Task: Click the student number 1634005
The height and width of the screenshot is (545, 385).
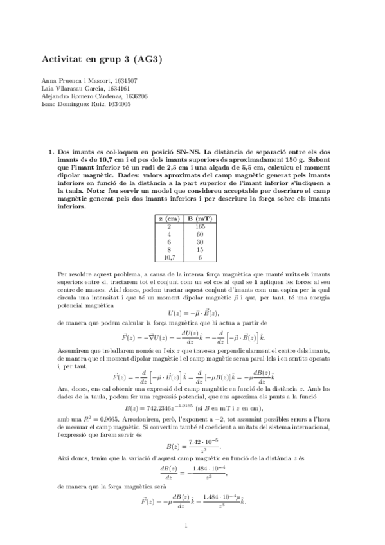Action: click(x=119, y=104)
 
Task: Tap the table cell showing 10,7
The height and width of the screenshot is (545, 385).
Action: click(x=169, y=257)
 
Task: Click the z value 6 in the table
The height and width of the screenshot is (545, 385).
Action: click(x=169, y=242)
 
